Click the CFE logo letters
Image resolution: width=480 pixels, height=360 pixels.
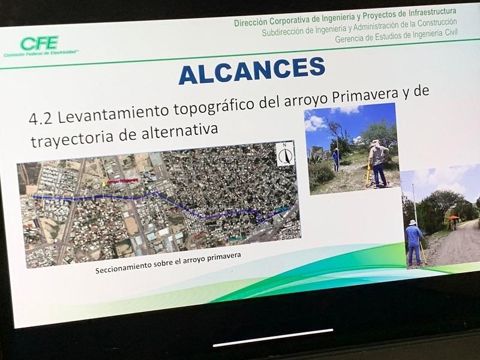pos(39,43)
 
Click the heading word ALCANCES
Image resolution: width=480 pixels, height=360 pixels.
pos(251,70)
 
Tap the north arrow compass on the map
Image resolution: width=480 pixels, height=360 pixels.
pos(286,154)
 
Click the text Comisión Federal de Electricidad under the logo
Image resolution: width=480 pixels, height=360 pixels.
pos(41,54)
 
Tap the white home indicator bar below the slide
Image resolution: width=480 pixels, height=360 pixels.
pos(273,337)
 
